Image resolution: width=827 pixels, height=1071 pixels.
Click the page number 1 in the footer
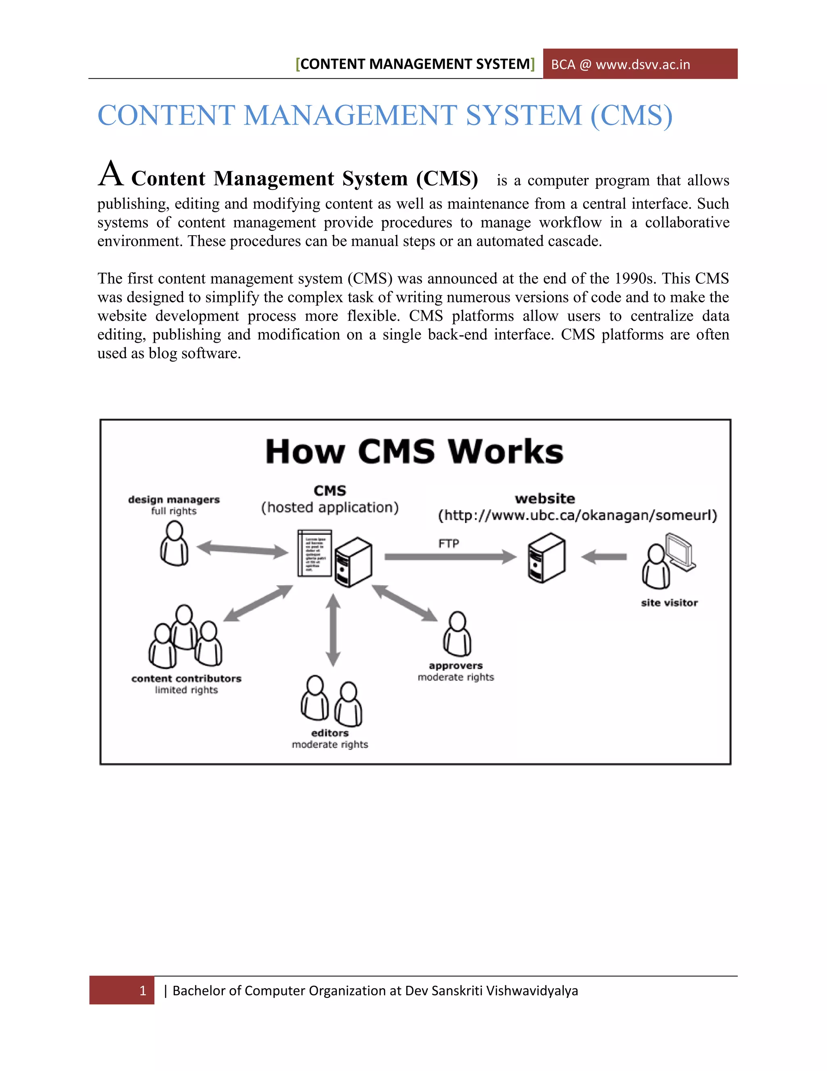coord(143,991)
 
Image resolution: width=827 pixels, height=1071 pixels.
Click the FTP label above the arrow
coord(448,543)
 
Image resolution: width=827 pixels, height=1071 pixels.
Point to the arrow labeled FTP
coord(450,557)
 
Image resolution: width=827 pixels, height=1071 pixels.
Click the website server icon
coord(546,558)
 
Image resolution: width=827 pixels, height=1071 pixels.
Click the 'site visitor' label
coord(669,603)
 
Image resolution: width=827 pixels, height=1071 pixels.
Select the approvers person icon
coord(457,634)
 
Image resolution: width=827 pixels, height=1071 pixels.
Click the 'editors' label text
coord(330,733)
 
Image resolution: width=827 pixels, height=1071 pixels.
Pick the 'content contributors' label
coord(186,679)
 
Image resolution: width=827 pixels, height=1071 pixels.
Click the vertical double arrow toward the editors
coord(333,630)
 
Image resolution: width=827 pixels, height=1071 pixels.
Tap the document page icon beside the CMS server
coord(315,553)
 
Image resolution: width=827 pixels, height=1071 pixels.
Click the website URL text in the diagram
coord(577,515)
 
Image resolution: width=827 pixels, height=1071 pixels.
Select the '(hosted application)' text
coord(330,508)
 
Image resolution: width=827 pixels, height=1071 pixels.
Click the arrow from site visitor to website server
coord(604,557)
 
